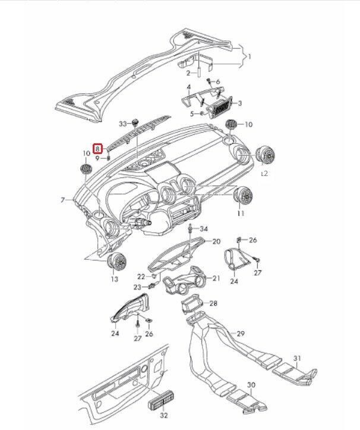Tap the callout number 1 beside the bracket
point(250,57)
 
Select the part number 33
point(123,124)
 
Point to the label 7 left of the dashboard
point(62,200)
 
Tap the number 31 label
point(299,359)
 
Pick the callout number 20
point(216,241)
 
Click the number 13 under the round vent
point(114,279)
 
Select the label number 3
point(239,103)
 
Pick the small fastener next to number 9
point(109,159)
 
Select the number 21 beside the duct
point(216,278)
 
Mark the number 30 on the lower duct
point(251,385)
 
